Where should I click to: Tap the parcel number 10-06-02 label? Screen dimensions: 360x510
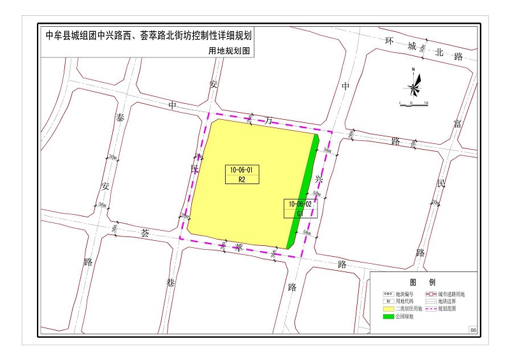[300, 204]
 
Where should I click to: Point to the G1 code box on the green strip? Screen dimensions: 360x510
[300, 213]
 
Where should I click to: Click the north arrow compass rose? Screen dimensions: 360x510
[414, 82]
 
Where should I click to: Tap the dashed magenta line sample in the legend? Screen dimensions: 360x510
[430, 308]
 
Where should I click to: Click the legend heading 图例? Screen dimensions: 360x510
[423, 282]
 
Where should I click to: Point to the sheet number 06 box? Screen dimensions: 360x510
[472, 330]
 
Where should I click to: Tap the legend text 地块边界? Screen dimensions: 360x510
[449, 301]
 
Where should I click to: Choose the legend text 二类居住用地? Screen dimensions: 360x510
[408, 308]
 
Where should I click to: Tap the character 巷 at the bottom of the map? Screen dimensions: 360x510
[170, 282]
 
